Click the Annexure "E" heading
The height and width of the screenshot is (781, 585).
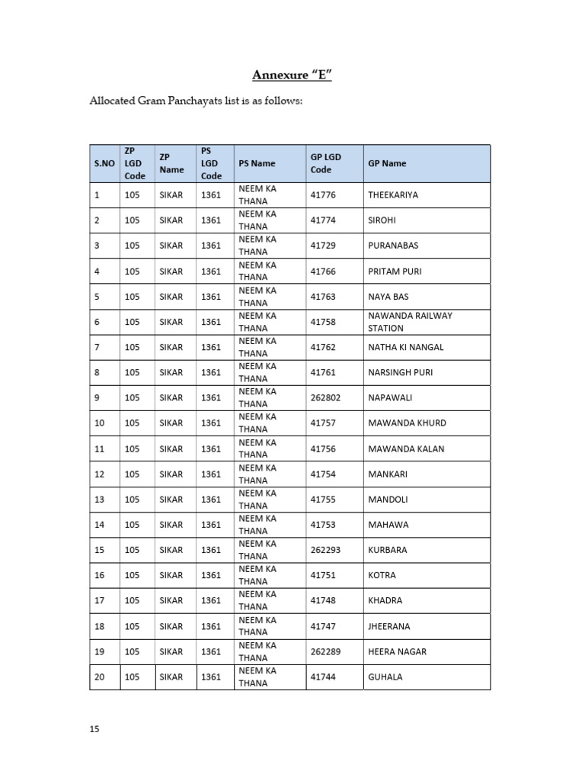tap(292, 76)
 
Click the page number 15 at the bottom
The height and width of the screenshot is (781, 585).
tap(94, 728)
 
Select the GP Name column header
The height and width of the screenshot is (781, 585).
tap(387, 163)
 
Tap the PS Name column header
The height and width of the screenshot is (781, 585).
tap(257, 163)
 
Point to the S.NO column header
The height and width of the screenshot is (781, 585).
tap(104, 163)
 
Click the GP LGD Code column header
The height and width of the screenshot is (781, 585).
tap(326, 163)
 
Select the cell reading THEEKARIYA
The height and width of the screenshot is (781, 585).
tap(393, 195)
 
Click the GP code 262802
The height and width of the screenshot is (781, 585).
tap(325, 398)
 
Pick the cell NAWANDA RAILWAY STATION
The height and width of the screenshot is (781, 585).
tap(409, 322)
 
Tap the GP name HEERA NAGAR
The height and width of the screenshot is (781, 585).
tap(397, 652)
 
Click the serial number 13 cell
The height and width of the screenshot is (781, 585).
tap(99, 500)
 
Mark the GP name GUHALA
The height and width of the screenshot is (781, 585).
tap(385, 677)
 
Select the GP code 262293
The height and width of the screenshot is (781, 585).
tap(325, 550)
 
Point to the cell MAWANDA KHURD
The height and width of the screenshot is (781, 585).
tap(407, 423)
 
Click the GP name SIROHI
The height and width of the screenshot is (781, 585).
tap(382, 220)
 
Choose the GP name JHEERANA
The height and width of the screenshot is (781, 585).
tap(388, 626)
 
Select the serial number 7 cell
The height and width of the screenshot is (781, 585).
tap(97, 347)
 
